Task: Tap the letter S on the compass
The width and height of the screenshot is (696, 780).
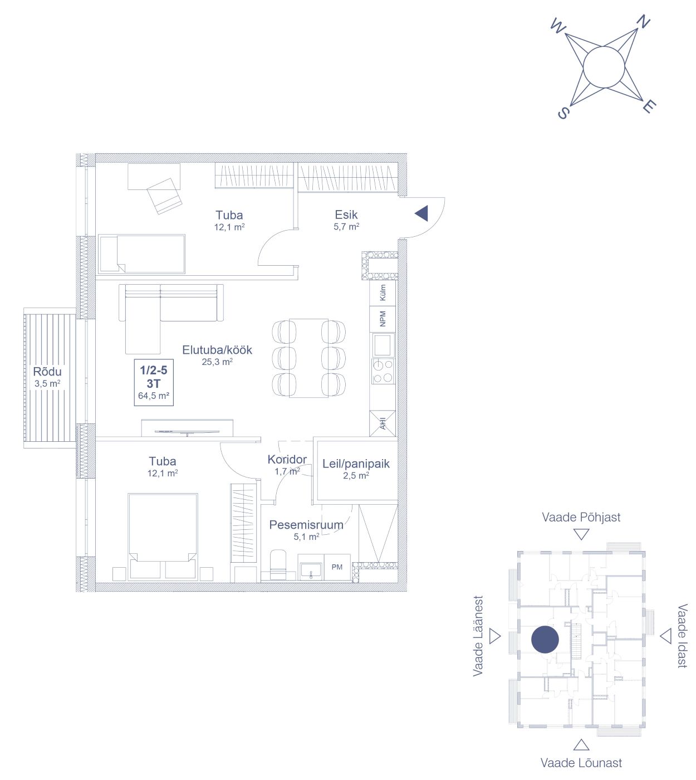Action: [x=563, y=113]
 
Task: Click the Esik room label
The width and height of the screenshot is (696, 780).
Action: [x=346, y=214]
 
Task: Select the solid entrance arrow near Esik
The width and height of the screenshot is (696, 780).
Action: [x=421, y=213]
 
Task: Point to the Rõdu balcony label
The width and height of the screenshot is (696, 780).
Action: [x=47, y=372]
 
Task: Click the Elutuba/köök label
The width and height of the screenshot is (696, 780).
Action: [x=217, y=349]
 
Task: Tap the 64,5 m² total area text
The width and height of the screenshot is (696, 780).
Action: [x=154, y=396]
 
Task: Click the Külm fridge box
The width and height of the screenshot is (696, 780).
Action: [x=383, y=292]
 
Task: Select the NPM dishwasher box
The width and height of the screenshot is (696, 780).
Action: [x=383, y=319]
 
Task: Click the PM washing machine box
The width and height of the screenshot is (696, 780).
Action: [x=337, y=567]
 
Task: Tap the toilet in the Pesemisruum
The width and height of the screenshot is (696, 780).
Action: [x=278, y=565]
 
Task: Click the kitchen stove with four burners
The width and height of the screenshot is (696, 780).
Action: [x=383, y=371]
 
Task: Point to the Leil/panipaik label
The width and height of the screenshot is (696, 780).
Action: [x=356, y=464]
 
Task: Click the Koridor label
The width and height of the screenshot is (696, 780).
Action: [x=287, y=459]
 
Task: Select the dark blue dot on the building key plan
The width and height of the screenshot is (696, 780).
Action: [x=545, y=639]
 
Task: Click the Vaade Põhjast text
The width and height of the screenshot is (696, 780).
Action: [x=581, y=517]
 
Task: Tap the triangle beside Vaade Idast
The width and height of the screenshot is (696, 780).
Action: [x=665, y=636]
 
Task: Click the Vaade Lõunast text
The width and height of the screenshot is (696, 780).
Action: [x=581, y=763]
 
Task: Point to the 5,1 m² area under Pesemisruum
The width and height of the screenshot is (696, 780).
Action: [x=306, y=537]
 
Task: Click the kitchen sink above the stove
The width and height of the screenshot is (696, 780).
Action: [x=383, y=344]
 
